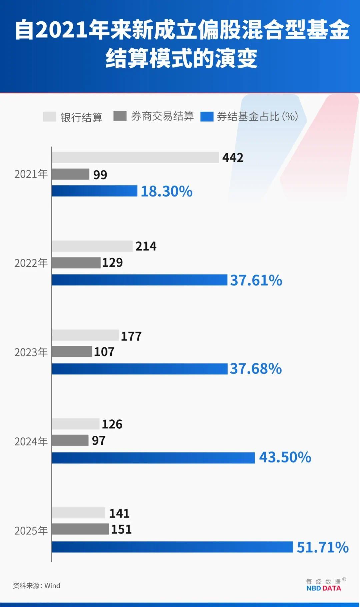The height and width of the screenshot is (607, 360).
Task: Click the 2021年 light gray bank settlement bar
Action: pos(135,158)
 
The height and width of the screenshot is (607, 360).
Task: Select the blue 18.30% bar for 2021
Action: pos(94,191)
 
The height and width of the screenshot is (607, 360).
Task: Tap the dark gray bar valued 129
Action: pos(76,263)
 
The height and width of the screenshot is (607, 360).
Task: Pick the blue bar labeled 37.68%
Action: pos(140,369)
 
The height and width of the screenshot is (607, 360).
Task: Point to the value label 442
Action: pos(233,158)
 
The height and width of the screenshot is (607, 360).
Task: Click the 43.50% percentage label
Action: pos(285,457)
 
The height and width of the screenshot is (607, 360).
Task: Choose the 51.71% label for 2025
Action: pos(322,547)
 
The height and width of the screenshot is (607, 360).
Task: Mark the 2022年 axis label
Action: pos(31,263)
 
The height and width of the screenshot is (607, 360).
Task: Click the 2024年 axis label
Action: pos(31,441)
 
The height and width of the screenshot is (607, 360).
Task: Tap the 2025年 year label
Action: pos(31,531)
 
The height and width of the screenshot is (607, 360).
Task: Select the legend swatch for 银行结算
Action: pos(49,117)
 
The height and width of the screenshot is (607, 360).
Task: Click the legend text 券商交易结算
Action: pos(162,116)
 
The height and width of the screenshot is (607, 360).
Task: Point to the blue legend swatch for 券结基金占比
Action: pos(207,117)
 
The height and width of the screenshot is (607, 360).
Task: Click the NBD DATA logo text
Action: pos(323,588)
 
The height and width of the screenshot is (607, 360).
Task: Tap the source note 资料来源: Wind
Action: pos(37,586)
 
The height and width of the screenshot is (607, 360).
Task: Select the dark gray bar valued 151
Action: pos(80,529)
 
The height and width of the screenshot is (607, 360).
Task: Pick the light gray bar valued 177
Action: pos(85,335)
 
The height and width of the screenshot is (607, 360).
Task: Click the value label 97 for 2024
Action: pos(99,441)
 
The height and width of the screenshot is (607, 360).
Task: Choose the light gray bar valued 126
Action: pos(75,424)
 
